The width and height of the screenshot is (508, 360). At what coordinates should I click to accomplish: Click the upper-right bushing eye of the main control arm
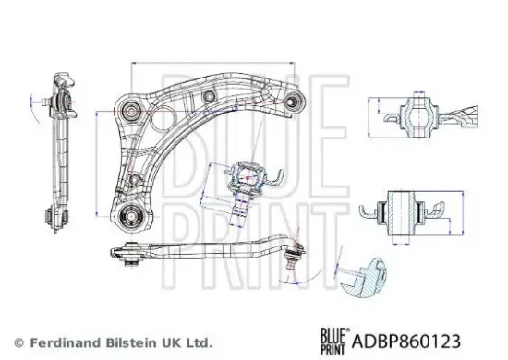[x=295, y=100]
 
